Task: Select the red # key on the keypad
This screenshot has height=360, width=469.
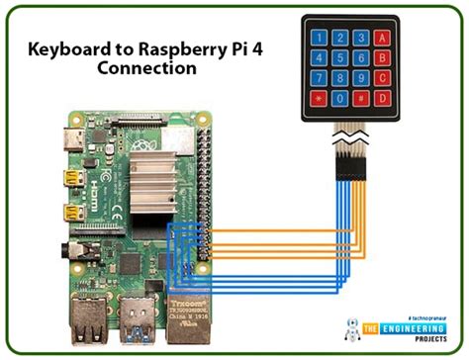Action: pos(382,99)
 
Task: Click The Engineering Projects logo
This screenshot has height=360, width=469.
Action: pos(396,329)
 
